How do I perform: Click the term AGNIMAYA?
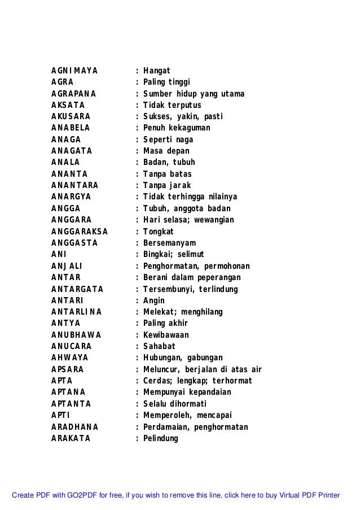(74, 71)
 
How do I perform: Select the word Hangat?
(156, 71)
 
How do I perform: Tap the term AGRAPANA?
(73, 94)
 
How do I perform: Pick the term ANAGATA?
(71, 151)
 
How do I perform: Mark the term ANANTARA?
(74, 185)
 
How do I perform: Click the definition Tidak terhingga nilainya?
(190, 197)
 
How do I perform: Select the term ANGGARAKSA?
(79, 232)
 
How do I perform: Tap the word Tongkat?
(159, 232)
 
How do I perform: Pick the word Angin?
(154, 300)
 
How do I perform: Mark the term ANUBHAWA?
(72, 335)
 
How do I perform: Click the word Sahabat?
(159, 346)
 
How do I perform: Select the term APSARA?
(67, 369)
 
